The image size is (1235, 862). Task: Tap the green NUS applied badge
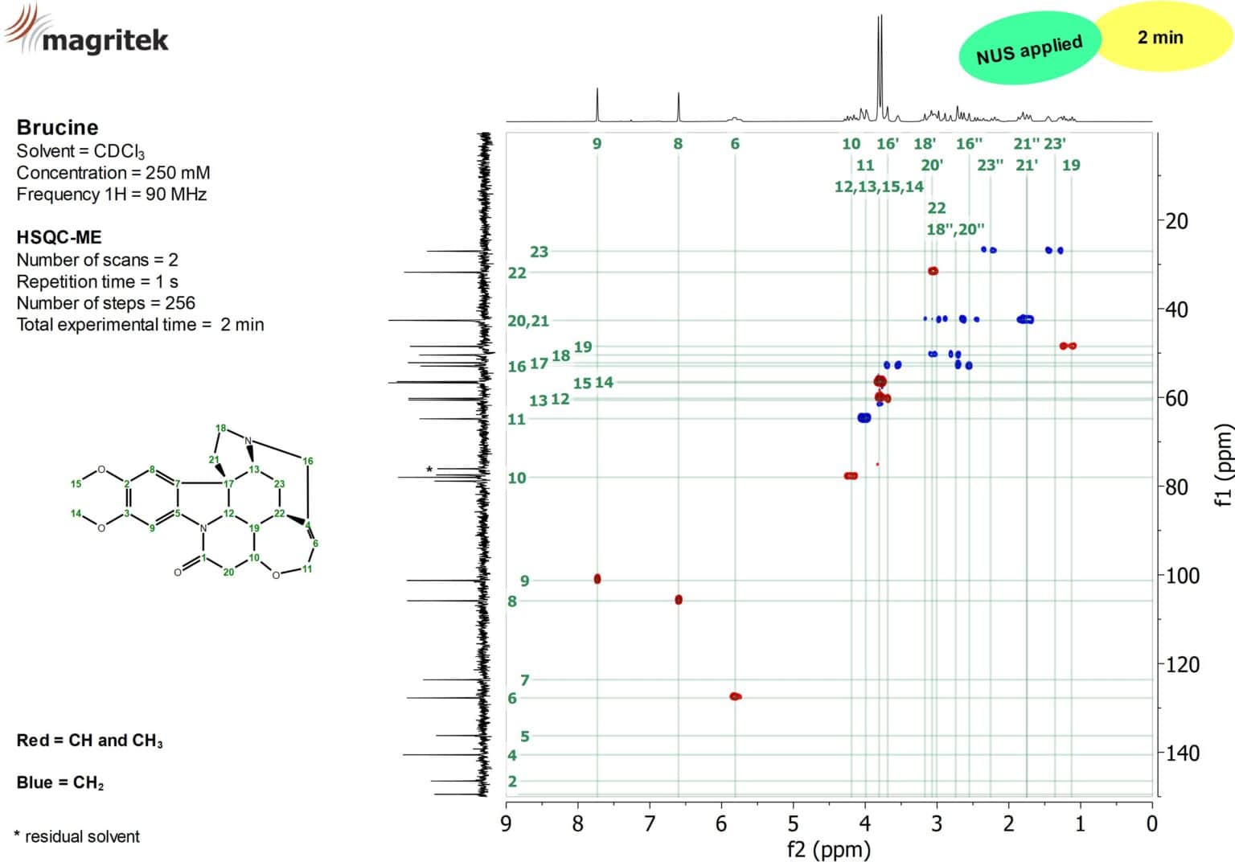[1028, 48]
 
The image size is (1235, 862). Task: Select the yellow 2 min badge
[1160, 37]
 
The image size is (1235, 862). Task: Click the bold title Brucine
[57, 127]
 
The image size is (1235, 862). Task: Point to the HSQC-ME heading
[59, 237]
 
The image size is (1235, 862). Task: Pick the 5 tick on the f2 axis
[793, 823]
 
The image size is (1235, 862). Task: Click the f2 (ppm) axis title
[828, 849]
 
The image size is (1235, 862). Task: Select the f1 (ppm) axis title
[1223, 465]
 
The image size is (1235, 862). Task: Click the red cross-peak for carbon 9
[597, 579]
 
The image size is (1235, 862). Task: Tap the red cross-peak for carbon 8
[679, 599]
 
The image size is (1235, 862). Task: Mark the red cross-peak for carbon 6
[735, 696]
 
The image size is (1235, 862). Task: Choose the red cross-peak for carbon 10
[851, 476]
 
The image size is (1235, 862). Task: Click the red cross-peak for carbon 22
[933, 271]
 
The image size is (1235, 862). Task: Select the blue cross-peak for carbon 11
[864, 417]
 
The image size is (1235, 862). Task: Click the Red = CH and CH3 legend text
[89, 741]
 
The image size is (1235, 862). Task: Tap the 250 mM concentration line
[113, 173]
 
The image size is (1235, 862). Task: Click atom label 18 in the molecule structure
[220, 428]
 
